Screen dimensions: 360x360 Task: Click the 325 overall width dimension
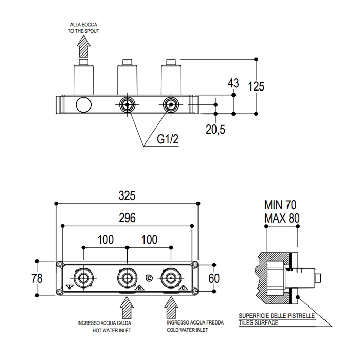tap(127, 196)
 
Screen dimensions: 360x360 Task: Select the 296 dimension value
tap(127, 218)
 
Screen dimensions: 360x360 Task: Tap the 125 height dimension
tap(256, 86)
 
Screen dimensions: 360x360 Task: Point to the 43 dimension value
tap(233, 83)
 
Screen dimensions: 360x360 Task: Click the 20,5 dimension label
tap(215, 130)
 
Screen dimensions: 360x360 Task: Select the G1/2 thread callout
tap(168, 139)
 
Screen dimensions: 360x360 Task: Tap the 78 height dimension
tap(37, 278)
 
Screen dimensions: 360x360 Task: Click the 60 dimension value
tap(214, 278)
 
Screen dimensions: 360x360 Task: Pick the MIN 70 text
tap(280, 205)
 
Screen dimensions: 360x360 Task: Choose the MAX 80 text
tap(282, 218)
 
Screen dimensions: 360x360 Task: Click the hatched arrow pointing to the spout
tap(83, 46)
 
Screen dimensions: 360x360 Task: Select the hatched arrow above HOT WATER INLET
tap(127, 308)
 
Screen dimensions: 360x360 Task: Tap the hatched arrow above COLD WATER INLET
tap(171, 308)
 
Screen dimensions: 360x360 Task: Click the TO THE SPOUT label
tap(83, 31)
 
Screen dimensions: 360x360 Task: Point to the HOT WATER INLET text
tap(112, 330)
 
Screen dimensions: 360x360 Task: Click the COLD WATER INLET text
tap(187, 330)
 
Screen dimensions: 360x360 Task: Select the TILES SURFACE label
tap(259, 323)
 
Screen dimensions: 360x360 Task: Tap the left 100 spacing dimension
tap(105, 240)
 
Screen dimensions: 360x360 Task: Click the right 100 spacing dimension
tap(149, 240)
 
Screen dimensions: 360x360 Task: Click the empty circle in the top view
tap(83, 97)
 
